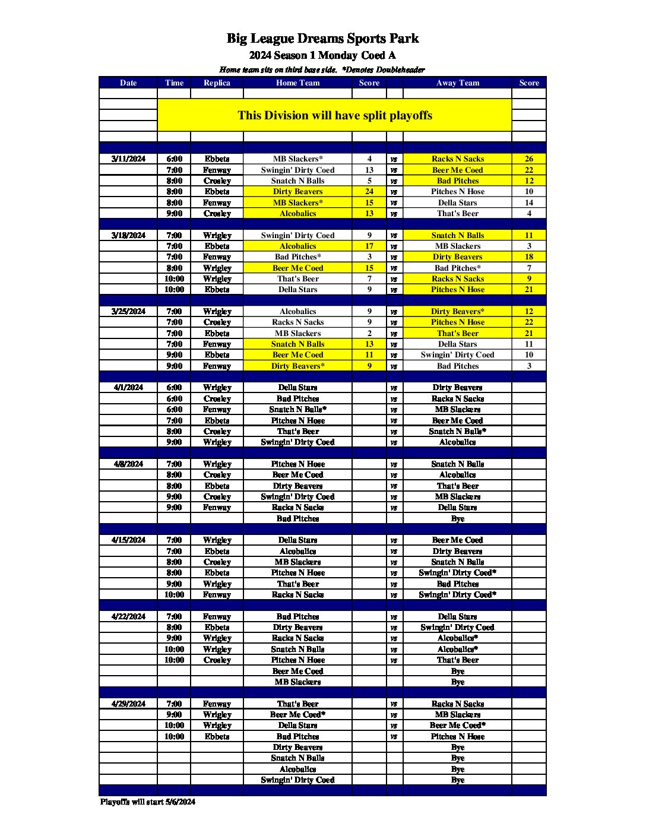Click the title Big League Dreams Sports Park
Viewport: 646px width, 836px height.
pos(322,39)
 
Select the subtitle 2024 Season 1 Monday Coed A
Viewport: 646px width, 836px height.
pos(322,56)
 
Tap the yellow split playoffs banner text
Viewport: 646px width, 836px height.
pos(335,115)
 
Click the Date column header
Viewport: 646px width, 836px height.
pos(128,83)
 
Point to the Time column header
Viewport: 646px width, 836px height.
pos(174,83)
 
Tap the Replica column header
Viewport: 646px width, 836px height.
pos(217,83)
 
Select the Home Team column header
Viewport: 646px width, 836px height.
pos(297,83)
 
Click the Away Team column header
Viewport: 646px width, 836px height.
pos(457,83)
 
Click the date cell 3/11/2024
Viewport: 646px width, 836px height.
pos(128,159)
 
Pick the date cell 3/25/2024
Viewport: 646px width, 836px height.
pos(128,312)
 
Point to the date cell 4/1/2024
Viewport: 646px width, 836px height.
pos(128,388)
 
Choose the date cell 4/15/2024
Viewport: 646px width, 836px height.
pos(128,540)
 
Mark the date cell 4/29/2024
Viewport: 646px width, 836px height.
pos(128,704)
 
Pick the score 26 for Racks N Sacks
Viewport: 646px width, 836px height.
pos(528,159)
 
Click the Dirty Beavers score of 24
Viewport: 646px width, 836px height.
pos(369,192)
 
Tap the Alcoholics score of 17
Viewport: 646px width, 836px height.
pos(369,246)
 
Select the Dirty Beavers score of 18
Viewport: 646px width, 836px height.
pos(528,257)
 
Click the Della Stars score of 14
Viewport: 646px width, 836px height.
pos(528,203)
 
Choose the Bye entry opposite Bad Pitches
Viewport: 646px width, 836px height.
pos(457,519)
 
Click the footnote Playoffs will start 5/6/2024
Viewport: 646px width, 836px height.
pos(147,802)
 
